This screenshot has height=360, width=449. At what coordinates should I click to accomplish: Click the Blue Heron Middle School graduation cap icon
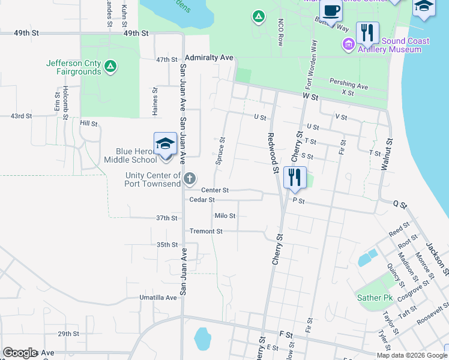pyautogui.click(x=165, y=144)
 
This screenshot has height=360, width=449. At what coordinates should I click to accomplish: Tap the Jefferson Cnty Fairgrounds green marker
pyautogui.click(x=110, y=66)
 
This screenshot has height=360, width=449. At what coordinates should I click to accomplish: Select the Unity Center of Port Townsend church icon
pyautogui.click(x=190, y=178)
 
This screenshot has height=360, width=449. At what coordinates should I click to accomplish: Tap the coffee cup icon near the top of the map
pyautogui.click(x=331, y=10)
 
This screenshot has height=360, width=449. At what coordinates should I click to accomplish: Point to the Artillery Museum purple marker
pyautogui.click(x=348, y=44)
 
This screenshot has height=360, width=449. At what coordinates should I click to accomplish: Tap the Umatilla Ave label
pyautogui.click(x=158, y=297)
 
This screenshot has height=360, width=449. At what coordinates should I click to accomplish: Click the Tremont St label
pyautogui.click(x=206, y=231)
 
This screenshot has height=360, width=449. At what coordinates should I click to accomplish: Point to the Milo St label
pyautogui.click(x=225, y=215)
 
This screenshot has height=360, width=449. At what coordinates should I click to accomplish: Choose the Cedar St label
pyautogui.click(x=201, y=200)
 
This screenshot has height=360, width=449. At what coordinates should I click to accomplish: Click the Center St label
pyautogui.click(x=214, y=190)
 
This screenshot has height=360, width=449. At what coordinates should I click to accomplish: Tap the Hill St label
pyautogui.click(x=88, y=123)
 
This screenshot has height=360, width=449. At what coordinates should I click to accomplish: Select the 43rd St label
pyautogui.click(x=20, y=116)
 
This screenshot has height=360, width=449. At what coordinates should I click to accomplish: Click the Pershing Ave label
pyautogui.click(x=349, y=85)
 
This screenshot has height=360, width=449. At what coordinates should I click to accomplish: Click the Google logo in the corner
pyautogui.click(x=19, y=353)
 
